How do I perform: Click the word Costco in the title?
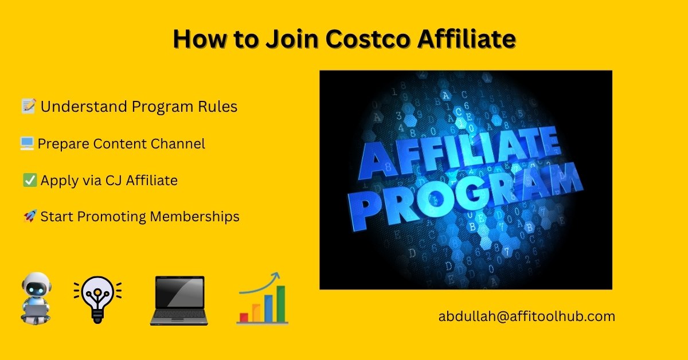coord(368,39)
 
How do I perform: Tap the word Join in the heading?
coord(292,39)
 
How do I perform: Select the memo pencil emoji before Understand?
coord(29,106)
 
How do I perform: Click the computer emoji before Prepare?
coord(27,143)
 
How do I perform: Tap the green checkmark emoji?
coord(30,180)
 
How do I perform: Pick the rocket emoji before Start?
coord(30,216)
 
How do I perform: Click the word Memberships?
coord(194,217)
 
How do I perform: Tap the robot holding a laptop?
coord(36,298)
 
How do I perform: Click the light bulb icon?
coord(97,299)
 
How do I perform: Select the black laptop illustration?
coord(179,300)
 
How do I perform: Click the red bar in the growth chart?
coord(244,318)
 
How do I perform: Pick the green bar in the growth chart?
coord(281,304)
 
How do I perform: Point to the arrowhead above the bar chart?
coord(276,276)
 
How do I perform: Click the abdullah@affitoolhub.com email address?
coord(527,316)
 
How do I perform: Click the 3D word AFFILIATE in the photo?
coord(459,154)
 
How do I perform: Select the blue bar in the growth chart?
coord(268,308)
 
